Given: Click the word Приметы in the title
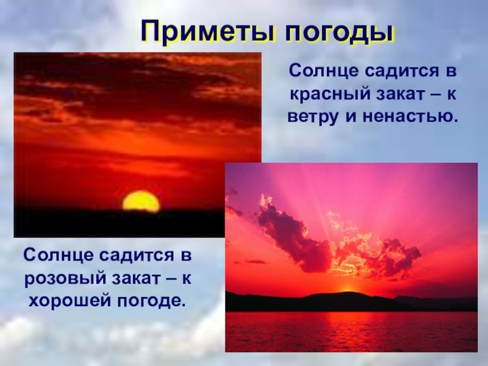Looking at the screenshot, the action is pyautogui.click(x=208, y=32).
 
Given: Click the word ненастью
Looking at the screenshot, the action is pyautogui.click(x=411, y=117).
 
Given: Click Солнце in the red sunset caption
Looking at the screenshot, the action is pyautogui.click(x=324, y=71).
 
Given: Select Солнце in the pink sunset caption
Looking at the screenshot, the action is pyautogui.click(x=58, y=255).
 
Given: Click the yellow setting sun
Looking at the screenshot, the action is pyautogui.click(x=142, y=201).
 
